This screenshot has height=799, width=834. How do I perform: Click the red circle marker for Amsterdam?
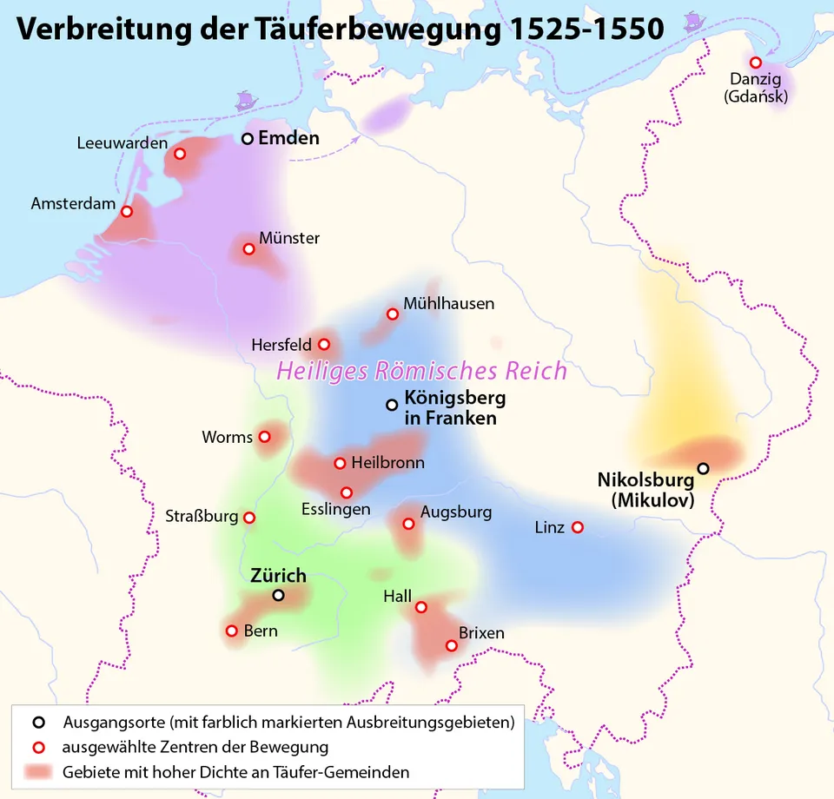pos(127,211)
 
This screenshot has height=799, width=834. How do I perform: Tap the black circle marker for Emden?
pos(248,138)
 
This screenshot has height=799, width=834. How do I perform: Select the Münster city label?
pos(289,238)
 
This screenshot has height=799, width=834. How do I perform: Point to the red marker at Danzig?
pos(756,63)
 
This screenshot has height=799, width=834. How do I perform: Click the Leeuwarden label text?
pos(122,143)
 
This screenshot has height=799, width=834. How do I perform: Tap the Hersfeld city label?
pos(281,345)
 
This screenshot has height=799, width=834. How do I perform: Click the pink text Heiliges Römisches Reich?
pos(421,372)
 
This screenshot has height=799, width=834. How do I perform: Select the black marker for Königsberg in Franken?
pos(392,405)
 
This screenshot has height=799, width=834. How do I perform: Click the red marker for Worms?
pos(265,437)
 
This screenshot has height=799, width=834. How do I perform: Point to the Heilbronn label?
pos(387,463)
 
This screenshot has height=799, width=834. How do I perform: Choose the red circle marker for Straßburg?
pos(249,518)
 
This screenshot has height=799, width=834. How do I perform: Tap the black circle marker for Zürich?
pos(278,595)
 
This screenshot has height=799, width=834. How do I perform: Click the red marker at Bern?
pos(232,631)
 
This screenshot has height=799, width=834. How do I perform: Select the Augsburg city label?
pos(455,512)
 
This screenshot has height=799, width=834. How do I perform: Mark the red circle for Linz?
pos(577,527)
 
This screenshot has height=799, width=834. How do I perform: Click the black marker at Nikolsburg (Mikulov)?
pos(703,468)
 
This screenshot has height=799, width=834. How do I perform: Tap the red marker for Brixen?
pos(451,645)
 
